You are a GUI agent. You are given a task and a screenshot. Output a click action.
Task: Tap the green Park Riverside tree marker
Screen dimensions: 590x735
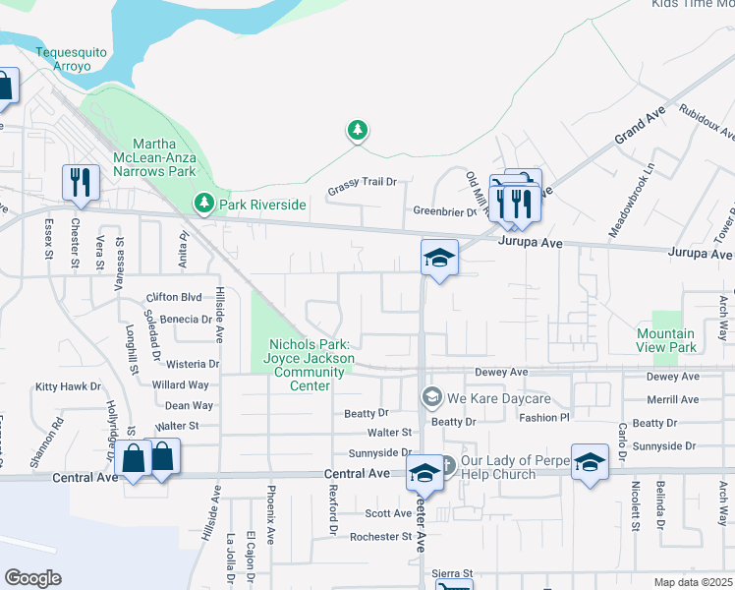tap(204, 204)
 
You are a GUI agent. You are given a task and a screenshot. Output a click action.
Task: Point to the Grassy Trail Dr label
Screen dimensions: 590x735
tap(363, 182)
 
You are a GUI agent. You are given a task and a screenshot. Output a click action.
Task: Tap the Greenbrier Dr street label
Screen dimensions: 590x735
tap(444, 211)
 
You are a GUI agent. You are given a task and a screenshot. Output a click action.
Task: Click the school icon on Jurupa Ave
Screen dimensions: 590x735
tap(439, 258)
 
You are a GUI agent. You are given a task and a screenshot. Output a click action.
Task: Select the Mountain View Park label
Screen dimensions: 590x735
tap(666, 341)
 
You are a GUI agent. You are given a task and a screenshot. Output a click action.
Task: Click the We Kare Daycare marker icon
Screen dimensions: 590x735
tap(430, 397)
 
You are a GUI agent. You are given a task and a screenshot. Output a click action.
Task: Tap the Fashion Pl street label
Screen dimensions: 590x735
tap(544, 418)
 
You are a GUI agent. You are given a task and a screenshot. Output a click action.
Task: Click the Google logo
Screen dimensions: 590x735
tap(32, 578)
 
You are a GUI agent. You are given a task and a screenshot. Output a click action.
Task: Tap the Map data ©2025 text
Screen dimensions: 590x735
tap(692, 582)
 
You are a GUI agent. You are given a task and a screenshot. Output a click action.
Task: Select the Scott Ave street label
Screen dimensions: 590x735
tap(388, 513)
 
